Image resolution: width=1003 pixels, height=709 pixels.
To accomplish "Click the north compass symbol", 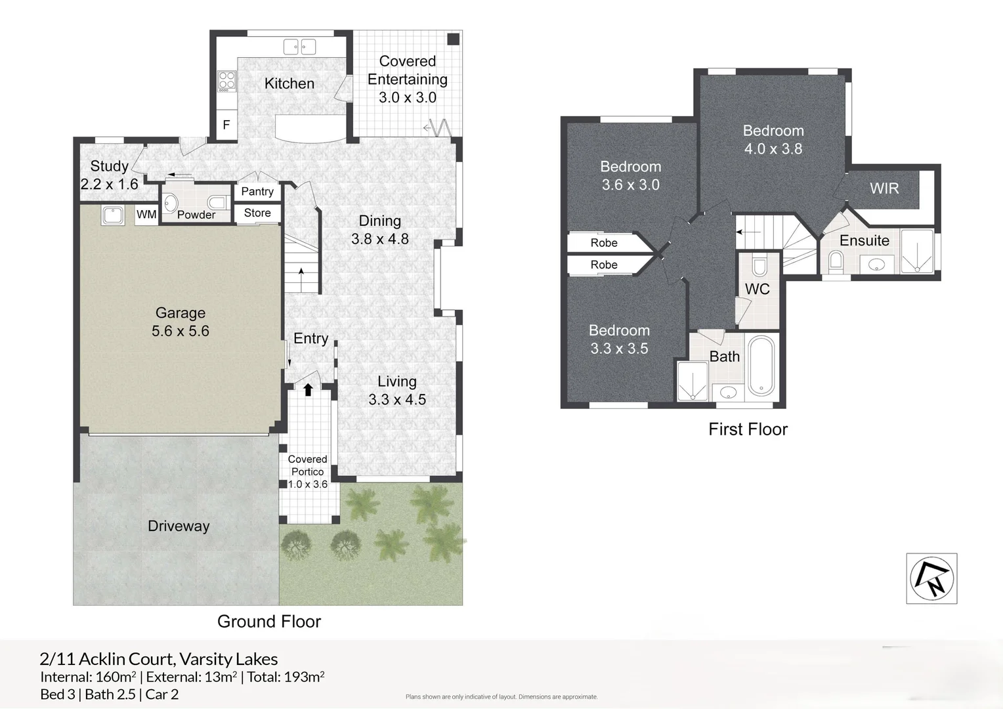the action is (932, 578).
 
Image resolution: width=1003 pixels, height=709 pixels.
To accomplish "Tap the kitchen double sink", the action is (299, 47).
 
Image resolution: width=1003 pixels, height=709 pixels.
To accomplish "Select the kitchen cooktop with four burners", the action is (226, 81).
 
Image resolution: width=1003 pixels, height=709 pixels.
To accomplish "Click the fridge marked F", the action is (226, 125).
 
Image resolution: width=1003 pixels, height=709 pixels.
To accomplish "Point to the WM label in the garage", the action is (146, 214).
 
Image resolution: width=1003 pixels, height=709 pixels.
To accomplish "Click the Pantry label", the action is (257, 191).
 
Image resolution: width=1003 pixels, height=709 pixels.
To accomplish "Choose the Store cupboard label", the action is (257, 213).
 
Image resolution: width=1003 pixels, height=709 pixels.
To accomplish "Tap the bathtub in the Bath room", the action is (761, 366).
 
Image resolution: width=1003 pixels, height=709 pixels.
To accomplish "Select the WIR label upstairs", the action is (884, 188).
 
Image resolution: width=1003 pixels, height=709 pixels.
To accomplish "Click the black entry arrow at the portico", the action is (308, 389).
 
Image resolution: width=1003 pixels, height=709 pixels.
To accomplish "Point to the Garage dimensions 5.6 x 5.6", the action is (181, 330).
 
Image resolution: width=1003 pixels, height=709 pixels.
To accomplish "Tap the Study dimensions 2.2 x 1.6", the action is (109, 184).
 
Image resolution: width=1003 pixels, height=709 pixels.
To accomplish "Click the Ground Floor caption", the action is (269, 621).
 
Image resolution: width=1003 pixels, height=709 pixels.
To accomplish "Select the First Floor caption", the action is (748, 429).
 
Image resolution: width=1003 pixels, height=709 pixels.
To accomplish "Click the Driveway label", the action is (179, 526).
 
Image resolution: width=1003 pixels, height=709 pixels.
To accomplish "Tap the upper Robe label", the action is (604, 243).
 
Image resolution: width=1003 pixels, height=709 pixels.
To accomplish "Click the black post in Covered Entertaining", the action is (454, 39).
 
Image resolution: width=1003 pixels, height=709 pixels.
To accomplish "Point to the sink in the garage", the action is (113, 215).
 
